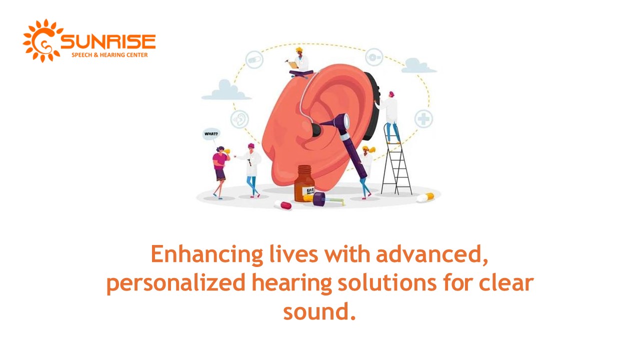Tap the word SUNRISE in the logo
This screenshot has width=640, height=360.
pyautogui.click(x=107, y=42)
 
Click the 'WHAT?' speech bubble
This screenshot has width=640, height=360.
pyautogui.click(x=211, y=134)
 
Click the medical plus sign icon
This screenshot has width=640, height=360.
pyautogui.click(x=423, y=119)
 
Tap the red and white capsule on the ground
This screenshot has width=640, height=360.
pyautogui.click(x=282, y=205)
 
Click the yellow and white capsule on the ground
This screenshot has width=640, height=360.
pyautogui.click(x=425, y=198)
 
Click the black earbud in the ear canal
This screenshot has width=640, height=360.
pyautogui.click(x=315, y=130)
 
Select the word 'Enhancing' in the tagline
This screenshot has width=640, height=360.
pyautogui.click(x=207, y=254)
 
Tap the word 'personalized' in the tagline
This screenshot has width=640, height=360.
pyautogui.click(x=175, y=283)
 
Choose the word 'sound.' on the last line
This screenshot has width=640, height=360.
pyautogui.click(x=319, y=312)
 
